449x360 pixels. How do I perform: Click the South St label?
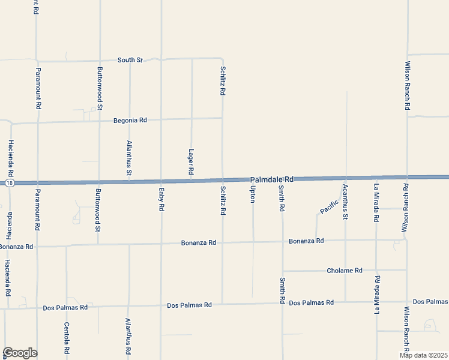pyautogui.click(x=130, y=60)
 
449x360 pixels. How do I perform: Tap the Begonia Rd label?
pyautogui.click(x=130, y=121)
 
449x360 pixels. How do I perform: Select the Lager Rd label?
pyautogui.click(x=191, y=162)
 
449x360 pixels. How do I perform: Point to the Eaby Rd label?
pyautogui.click(x=161, y=199)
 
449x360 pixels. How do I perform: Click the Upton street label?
pyautogui.click(x=253, y=194)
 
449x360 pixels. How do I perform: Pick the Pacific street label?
pyautogui.click(x=328, y=207)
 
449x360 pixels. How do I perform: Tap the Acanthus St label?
pyautogui.click(x=345, y=202)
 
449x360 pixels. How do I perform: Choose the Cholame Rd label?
pyautogui.click(x=345, y=271)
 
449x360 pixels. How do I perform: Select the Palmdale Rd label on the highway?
pyautogui.click(x=272, y=179)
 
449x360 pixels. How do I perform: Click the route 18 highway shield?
pyautogui.click(x=8, y=182)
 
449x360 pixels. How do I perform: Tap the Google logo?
pyautogui.click(x=20, y=353)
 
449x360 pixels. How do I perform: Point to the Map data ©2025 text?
pyautogui.click(x=423, y=355)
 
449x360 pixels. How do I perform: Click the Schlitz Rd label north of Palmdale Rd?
pyautogui.click(x=223, y=83)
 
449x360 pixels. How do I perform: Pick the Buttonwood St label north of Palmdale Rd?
pyautogui.click(x=100, y=88)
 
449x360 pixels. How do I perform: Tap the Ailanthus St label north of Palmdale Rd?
pyautogui.click(x=129, y=158)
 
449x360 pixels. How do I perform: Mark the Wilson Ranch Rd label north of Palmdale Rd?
pyautogui.click(x=407, y=85)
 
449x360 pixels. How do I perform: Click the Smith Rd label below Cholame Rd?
pyautogui.click(x=282, y=290)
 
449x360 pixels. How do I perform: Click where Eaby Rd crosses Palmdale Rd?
pyautogui.click(x=161, y=181)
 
